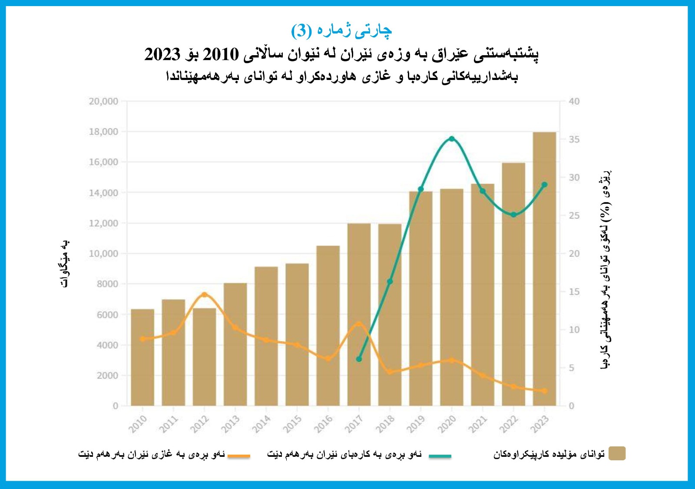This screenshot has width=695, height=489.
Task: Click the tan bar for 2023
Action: pyautogui.click(x=544, y=269)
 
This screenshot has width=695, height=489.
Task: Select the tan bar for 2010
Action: pyautogui.click(x=142, y=357)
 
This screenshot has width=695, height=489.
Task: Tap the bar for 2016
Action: pyautogui.click(x=328, y=326)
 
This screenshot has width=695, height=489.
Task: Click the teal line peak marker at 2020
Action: pyautogui.click(x=452, y=139)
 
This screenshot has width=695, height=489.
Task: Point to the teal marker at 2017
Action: pyautogui.click(x=359, y=359)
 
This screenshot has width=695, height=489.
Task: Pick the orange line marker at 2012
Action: pyautogui.click(x=204, y=295)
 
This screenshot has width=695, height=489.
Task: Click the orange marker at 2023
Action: pyautogui.click(x=544, y=391)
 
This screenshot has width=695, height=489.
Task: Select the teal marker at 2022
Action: pyautogui.click(x=513, y=215)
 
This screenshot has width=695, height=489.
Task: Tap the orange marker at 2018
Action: pyautogui.click(x=390, y=372)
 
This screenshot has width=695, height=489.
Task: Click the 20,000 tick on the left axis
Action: pyautogui.click(x=103, y=101)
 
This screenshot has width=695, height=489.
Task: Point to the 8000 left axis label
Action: pyautogui.click(x=107, y=284)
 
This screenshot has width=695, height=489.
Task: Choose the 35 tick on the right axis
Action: pyautogui.click(x=574, y=140)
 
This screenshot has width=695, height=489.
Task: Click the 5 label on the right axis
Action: pyautogui.click(x=572, y=368)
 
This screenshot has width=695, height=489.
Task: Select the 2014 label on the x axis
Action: pyautogui.click(x=261, y=424)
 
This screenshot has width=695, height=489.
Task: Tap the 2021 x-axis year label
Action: pyautogui.click(x=478, y=424)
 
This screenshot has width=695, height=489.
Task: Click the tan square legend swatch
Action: pyautogui.click(x=617, y=453)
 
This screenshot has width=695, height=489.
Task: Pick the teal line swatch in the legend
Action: pyautogui.click(x=440, y=456)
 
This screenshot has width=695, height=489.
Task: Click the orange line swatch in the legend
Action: pyautogui.click(x=239, y=456)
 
